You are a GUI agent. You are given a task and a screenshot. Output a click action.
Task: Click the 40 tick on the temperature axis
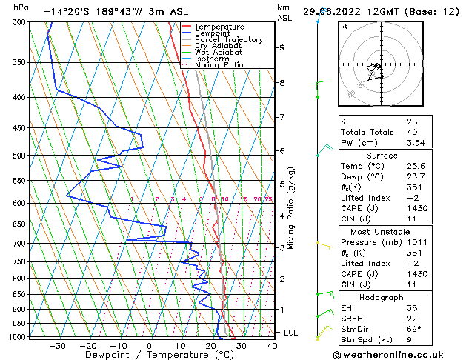(x=272, y=345)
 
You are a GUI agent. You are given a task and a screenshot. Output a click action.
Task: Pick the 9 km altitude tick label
(x=282, y=47)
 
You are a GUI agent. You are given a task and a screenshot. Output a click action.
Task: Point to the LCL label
(x=290, y=333)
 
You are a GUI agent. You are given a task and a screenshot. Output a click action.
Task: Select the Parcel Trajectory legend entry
(x=228, y=40)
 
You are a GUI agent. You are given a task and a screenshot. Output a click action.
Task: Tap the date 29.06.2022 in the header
(x=332, y=11)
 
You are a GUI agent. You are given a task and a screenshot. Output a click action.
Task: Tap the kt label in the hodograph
(x=344, y=27)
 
